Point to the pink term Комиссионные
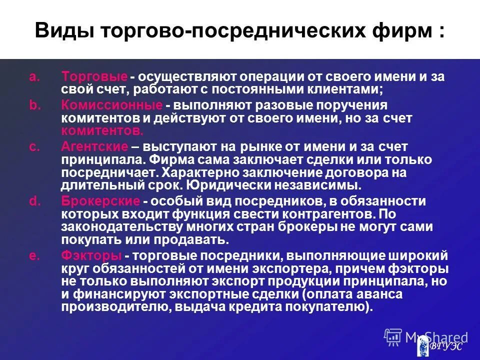111,106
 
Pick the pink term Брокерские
100,201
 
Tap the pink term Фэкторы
91,255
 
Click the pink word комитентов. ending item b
102,131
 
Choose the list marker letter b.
33,106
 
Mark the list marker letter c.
33,147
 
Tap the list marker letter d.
33,201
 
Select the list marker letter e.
33,255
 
